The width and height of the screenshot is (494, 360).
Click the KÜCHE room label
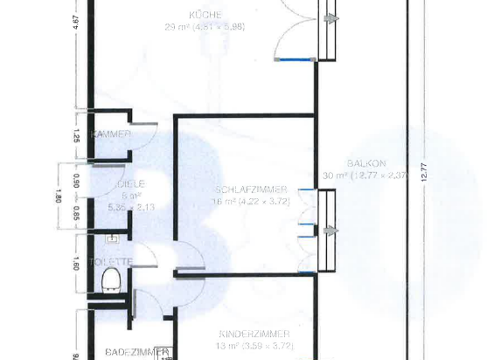coord(205,15)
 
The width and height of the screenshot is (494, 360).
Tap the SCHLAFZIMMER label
coord(251,190)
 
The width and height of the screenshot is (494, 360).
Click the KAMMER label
coord(111,134)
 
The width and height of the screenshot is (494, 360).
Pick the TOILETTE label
coord(111,262)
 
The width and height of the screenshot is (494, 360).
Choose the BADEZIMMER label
coord(129,352)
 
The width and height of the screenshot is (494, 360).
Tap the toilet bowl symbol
coord(112,280)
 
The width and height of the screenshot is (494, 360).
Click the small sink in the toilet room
coord(113,239)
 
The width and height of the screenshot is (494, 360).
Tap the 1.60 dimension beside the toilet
coord(77,262)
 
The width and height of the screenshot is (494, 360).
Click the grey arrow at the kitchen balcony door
coord(331,19)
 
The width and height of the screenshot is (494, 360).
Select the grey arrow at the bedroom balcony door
coord(331,231)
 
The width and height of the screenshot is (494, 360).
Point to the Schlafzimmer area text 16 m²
coord(221,202)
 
